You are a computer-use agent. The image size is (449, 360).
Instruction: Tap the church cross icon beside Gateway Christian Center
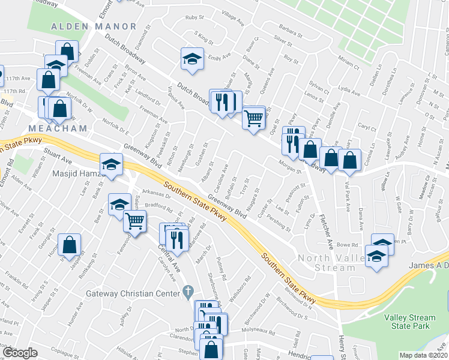click(188, 292)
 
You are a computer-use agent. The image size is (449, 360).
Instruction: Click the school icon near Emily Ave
click(192, 59)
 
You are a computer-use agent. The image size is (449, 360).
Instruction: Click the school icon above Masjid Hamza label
click(111, 165)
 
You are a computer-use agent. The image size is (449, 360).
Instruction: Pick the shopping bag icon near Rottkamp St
click(70, 244)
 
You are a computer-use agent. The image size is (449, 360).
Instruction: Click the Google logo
click(20, 353)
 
